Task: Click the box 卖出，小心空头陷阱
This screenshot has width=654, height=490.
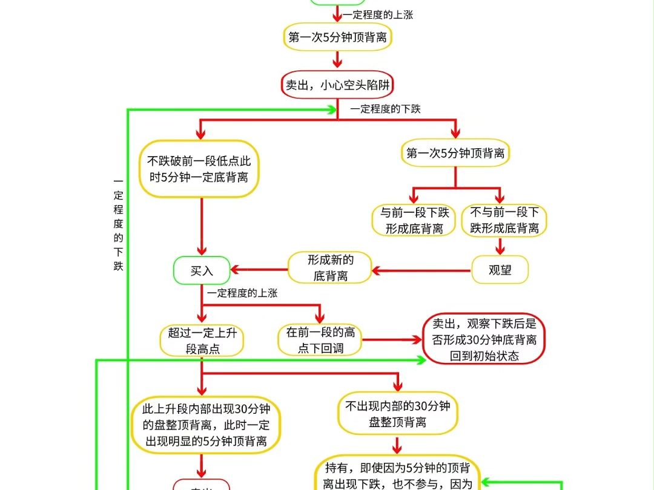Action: click(x=337, y=85)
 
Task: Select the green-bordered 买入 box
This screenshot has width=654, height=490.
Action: click(x=202, y=271)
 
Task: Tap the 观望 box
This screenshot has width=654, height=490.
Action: click(x=500, y=270)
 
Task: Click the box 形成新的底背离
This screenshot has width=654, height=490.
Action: click(x=330, y=267)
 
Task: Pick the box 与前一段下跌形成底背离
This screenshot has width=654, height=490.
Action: click(x=414, y=220)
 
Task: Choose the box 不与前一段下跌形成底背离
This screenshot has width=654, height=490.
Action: click(x=504, y=220)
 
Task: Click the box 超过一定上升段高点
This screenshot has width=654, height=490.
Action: click(x=202, y=341)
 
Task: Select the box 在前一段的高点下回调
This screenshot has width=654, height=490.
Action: click(x=320, y=340)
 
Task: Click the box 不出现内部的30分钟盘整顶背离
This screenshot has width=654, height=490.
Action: click(x=397, y=414)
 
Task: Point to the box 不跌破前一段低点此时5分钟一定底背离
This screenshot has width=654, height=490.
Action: click(x=199, y=169)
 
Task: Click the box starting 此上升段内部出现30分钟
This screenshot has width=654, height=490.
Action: click(x=206, y=424)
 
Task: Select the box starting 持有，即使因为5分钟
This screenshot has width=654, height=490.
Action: click(x=397, y=475)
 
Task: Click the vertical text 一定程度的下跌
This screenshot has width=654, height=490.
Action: click(x=118, y=224)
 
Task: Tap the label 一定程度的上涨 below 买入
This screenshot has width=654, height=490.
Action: click(x=242, y=293)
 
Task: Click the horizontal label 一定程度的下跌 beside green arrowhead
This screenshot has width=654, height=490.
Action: click(x=385, y=109)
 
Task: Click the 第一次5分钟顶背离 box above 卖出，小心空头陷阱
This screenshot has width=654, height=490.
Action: click(x=337, y=38)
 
